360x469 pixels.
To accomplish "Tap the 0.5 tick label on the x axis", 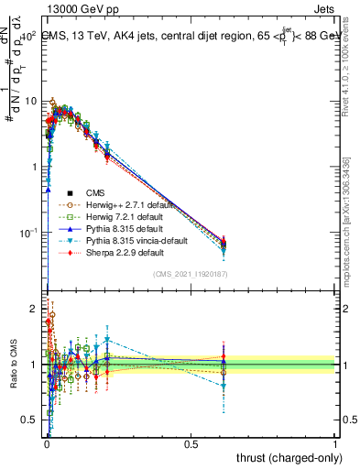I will click(191, 442).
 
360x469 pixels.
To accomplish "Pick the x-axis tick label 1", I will click(335, 442).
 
